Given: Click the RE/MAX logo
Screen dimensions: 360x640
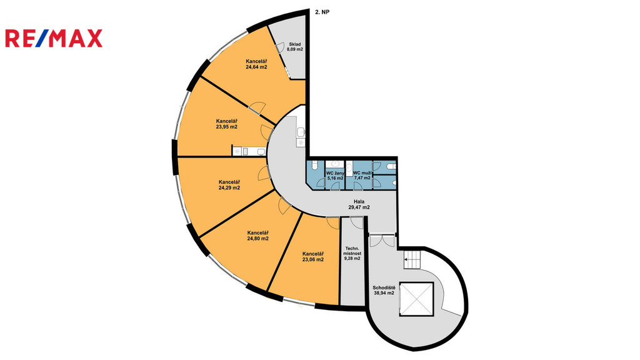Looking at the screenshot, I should pyautogui.click(x=54, y=39).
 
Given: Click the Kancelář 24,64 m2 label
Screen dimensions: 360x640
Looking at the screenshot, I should pyautogui.click(x=256, y=64).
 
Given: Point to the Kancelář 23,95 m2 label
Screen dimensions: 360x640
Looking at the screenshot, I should pyautogui.click(x=227, y=124).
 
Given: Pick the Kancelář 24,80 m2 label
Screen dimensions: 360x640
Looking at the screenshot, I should pyautogui.click(x=257, y=235).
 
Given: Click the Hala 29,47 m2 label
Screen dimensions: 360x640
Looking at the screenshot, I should pyautogui.click(x=359, y=204).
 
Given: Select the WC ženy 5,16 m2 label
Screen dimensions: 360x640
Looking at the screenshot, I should pyautogui.click(x=335, y=175).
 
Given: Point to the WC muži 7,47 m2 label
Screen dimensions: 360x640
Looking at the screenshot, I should pyautogui.click(x=362, y=175).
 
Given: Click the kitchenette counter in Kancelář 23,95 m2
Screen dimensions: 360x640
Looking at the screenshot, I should pyautogui.click(x=249, y=151).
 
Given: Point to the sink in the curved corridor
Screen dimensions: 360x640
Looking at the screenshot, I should pyautogui.click(x=301, y=132).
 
